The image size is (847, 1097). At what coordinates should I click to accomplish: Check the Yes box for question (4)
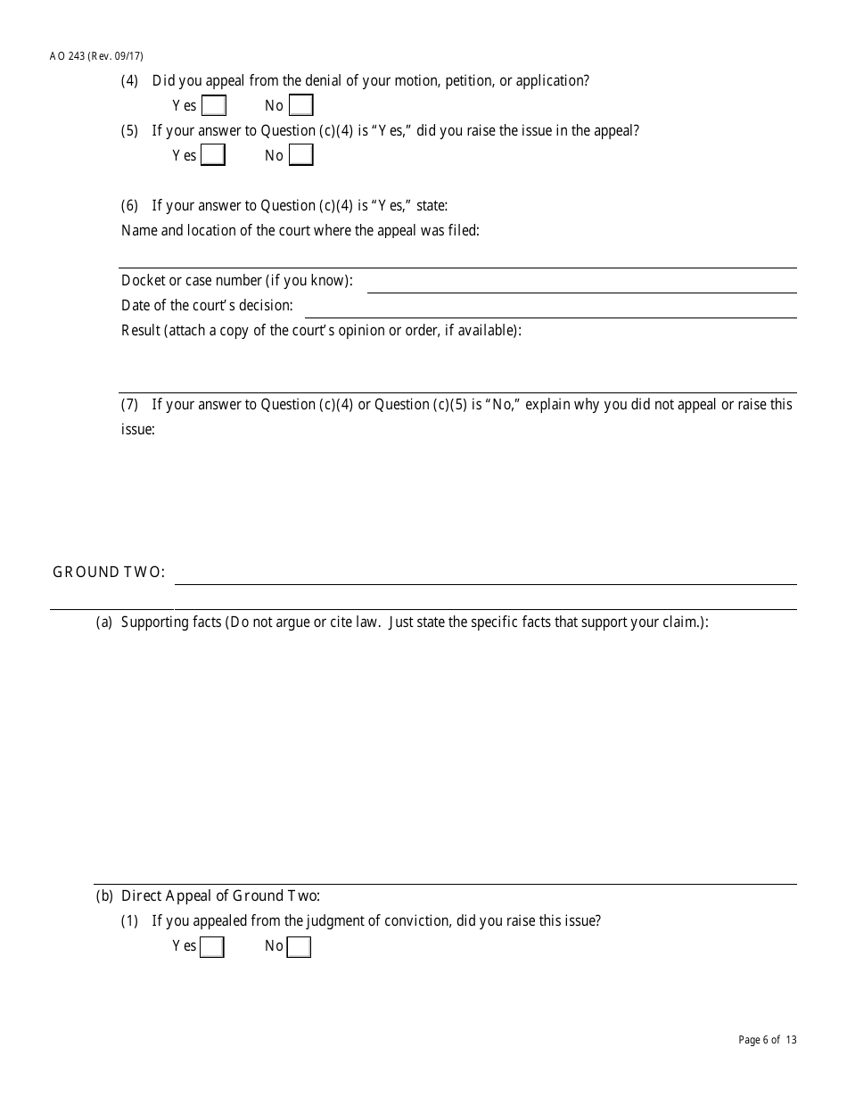click(214, 106)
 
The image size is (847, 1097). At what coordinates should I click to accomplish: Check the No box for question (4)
click(301, 106)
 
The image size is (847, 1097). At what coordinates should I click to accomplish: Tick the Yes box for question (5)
click(213, 155)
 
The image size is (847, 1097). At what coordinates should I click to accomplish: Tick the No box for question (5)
click(301, 155)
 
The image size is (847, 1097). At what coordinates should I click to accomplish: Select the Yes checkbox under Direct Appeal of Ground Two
click(212, 946)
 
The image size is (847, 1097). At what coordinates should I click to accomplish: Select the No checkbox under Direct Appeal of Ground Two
click(300, 946)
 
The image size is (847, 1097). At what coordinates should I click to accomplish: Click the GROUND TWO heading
click(109, 573)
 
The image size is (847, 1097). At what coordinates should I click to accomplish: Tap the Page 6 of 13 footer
click(768, 1040)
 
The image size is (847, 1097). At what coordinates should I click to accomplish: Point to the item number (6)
click(130, 206)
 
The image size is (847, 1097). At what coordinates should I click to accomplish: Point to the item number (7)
click(130, 405)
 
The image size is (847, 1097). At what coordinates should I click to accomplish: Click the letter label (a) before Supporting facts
click(104, 623)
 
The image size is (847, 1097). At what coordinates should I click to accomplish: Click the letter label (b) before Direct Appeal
click(104, 896)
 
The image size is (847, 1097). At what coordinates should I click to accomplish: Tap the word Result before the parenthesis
click(140, 331)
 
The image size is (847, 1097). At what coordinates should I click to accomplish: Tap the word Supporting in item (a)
click(157, 623)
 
